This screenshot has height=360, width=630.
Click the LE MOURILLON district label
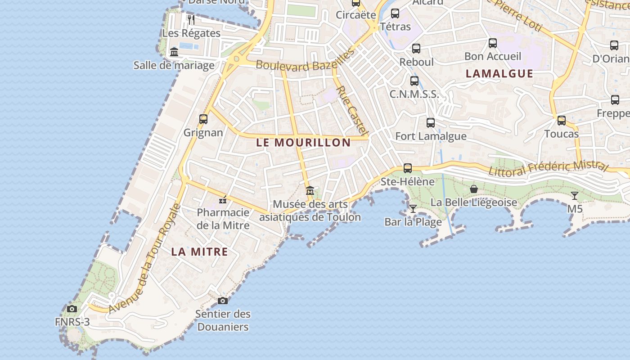(303, 143)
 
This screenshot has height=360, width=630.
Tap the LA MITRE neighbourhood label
(199, 252)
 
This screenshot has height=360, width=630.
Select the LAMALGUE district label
(499, 73)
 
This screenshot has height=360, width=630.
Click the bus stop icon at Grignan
(203, 119)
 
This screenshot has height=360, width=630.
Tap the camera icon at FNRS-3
(72, 309)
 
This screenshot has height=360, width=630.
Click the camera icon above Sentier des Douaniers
(222, 301)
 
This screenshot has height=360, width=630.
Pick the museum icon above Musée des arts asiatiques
(310, 191)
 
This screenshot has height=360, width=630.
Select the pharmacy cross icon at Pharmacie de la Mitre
(222, 200)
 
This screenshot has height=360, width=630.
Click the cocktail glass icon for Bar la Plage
(413, 208)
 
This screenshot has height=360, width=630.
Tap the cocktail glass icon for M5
(575, 196)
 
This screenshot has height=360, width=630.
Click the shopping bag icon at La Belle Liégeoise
(474, 189)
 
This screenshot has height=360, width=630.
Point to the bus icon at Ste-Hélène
(408, 168)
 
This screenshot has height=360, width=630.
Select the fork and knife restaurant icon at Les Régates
(191, 20)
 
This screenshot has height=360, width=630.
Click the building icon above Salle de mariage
(174, 52)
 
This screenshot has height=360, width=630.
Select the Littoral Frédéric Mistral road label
(548, 169)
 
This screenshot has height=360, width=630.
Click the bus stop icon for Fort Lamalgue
(431, 122)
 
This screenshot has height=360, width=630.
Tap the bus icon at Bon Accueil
(493, 43)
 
